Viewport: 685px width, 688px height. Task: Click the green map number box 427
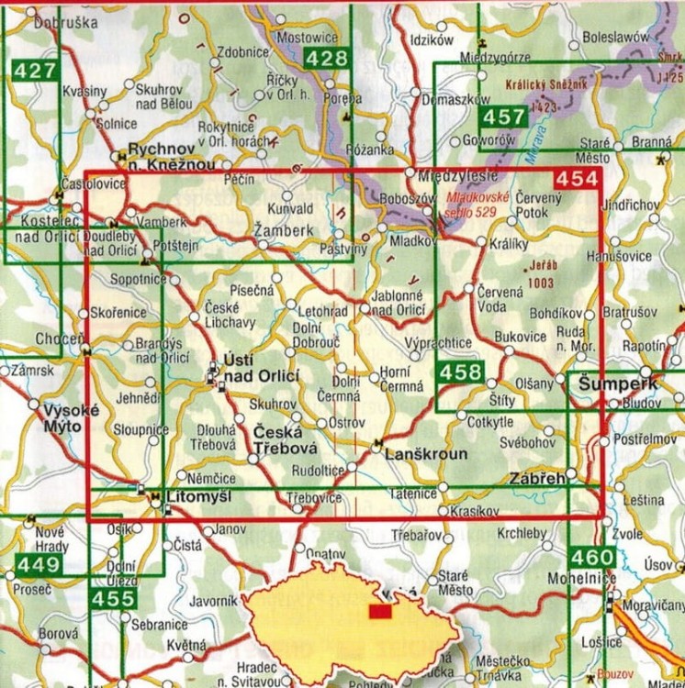pyautogui.click(x=35, y=72)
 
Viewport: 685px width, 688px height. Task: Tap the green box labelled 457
pyautogui.click(x=503, y=117)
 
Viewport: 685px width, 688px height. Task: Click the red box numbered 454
pyautogui.click(x=576, y=181)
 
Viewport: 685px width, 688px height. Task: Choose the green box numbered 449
pyautogui.click(x=37, y=562)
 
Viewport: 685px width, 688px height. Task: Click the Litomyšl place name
pyautogui.click(x=198, y=496)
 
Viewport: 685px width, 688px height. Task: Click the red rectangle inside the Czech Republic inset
pyautogui.click(x=377, y=611)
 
